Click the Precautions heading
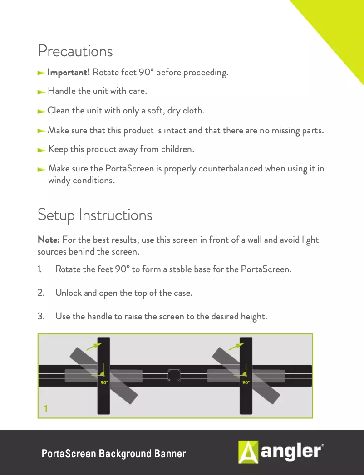75,51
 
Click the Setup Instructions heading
95,215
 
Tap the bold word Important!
69,73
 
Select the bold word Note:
49,240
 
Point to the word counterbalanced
224,168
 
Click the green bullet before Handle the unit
41,92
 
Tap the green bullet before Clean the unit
41,111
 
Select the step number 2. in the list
41,293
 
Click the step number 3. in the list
41,316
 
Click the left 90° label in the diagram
104,382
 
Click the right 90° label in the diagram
246,382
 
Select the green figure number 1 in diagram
46,409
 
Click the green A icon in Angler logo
248,452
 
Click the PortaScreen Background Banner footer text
113,454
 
